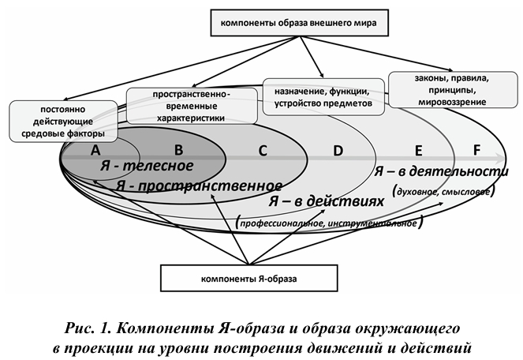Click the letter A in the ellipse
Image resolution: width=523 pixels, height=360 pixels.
(x=95, y=149)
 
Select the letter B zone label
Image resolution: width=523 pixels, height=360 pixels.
(x=178, y=149)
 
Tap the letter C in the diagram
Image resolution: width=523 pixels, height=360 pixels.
(x=263, y=149)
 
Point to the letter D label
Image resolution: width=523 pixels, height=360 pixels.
(x=338, y=150)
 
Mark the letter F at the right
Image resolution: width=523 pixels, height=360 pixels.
(x=476, y=149)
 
